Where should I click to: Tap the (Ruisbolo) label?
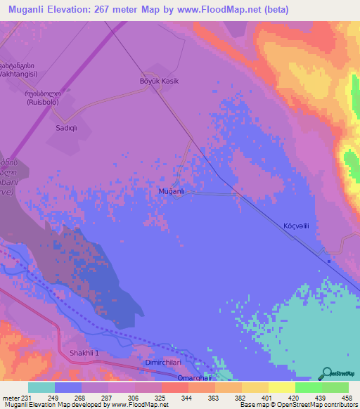tap(42, 102)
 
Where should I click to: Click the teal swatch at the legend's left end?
tap(41, 387)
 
